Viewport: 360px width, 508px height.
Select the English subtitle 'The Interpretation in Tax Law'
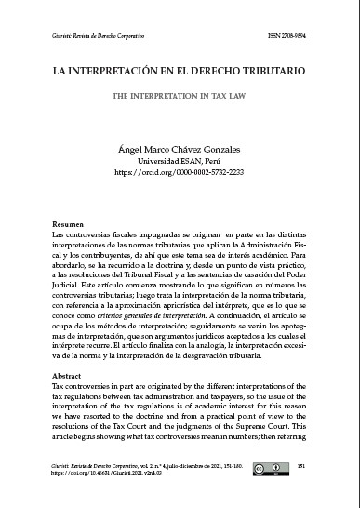(180, 94)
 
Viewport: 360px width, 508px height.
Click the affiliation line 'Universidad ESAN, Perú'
(180, 159)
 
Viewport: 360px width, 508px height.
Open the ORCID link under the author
(180, 171)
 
